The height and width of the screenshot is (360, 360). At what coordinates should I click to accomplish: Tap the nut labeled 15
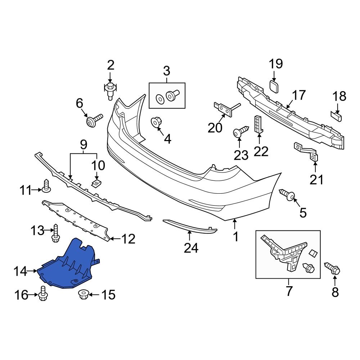(83, 295)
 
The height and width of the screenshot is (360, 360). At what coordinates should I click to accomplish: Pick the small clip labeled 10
(96, 184)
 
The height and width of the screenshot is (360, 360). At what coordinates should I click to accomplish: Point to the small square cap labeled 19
(274, 87)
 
